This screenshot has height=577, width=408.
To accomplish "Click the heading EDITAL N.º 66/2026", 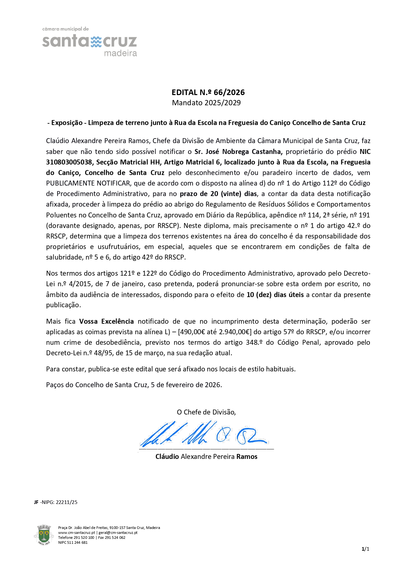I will [x=208, y=92].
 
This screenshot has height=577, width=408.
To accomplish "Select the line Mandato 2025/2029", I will [x=206, y=103].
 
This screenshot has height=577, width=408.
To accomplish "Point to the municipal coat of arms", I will [x=44, y=535].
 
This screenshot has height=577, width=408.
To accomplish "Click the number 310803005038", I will [x=68, y=162].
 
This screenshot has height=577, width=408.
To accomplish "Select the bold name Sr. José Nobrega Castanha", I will [x=238, y=152].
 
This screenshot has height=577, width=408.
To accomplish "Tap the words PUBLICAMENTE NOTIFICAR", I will [x=88, y=183].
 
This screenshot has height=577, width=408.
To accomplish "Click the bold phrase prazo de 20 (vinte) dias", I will [x=218, y=194].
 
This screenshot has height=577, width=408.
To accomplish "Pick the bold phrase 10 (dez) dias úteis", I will [x=275, y=295].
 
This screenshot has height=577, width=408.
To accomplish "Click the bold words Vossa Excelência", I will [x=107, y=321].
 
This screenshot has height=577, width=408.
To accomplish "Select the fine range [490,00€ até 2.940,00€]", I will [x=215, y=332].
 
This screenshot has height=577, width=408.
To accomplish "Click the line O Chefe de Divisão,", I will [x=206, y=412].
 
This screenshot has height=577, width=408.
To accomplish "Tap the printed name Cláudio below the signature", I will [x=167, y=457].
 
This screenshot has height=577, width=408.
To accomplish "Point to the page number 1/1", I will [x=365, y=549].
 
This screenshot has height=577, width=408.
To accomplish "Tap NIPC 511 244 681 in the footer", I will [x=73, y=542].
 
